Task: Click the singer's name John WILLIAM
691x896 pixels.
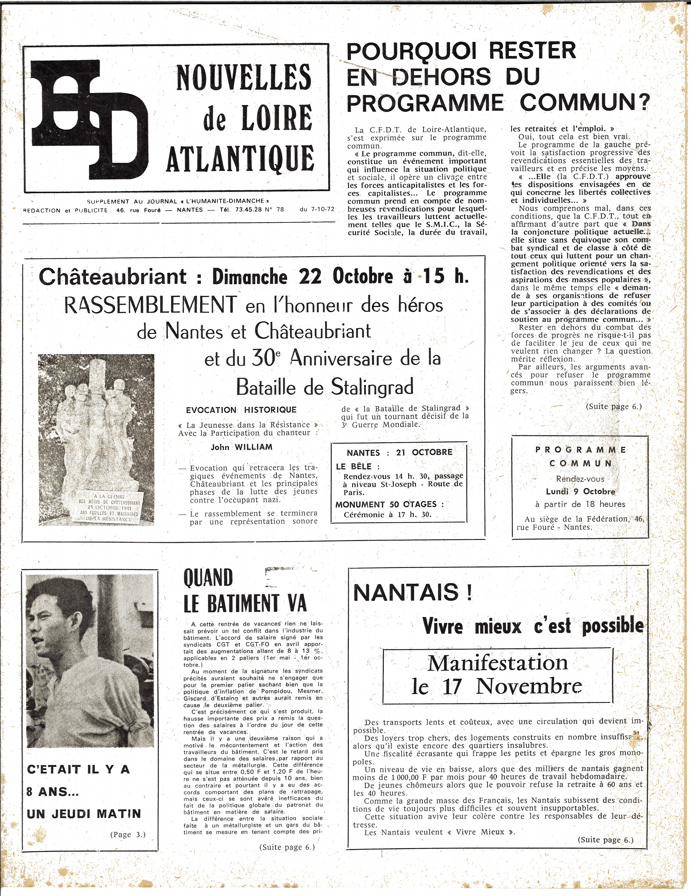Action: [241, 447]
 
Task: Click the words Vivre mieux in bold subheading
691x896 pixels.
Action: [472, 627]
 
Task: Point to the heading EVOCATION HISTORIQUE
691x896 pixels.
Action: [241, 410]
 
